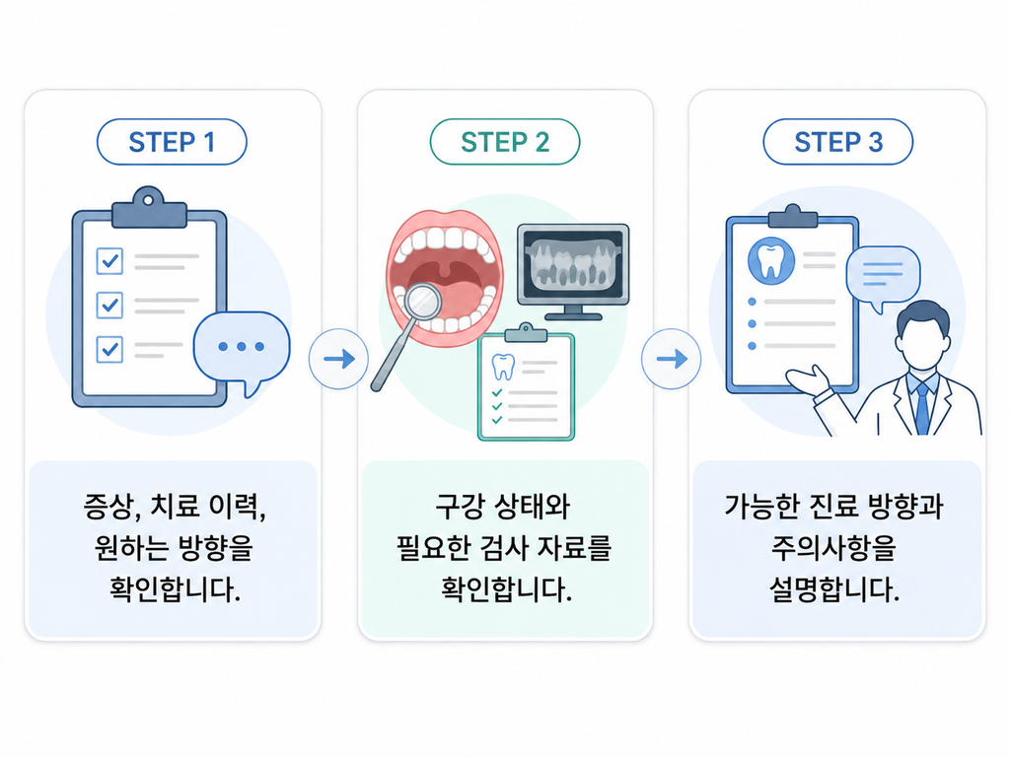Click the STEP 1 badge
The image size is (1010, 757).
click(x=172, y=142)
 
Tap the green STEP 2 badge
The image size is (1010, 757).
click(x=505, y=142)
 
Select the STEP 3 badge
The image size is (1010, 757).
click(x=838, y=142)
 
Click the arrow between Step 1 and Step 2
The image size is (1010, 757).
click(x=339, y=359)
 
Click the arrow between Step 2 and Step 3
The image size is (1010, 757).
click(x=671, y=359)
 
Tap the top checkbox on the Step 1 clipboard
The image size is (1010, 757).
click(x=109, y=260)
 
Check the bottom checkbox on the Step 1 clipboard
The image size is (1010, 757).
click(x=109, y=349)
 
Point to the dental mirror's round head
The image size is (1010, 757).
click(x=422, y=300)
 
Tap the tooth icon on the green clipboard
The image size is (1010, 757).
click(x=503, y=367)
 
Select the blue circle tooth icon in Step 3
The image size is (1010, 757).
click(x=771, y=261)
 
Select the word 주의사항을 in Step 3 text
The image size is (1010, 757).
click(x=834, y=548)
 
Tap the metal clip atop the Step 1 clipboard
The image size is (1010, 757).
click(x=149, y=207)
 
